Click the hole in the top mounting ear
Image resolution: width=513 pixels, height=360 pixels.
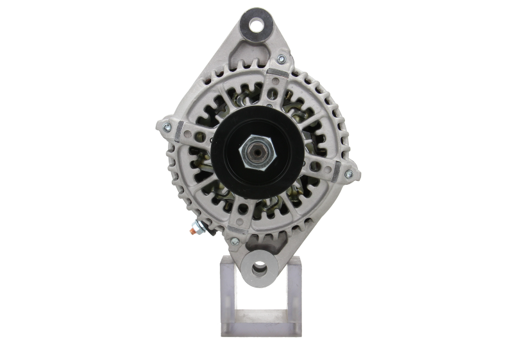click(256, 26)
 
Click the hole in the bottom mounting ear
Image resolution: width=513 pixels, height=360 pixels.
click(258, 268)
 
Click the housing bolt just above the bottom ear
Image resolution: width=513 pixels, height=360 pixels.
click(235, 241)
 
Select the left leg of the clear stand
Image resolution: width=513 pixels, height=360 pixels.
click(229, 295)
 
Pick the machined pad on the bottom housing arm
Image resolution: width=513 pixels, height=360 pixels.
click(239, 222)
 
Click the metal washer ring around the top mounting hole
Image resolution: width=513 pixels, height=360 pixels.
click(256, 19)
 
